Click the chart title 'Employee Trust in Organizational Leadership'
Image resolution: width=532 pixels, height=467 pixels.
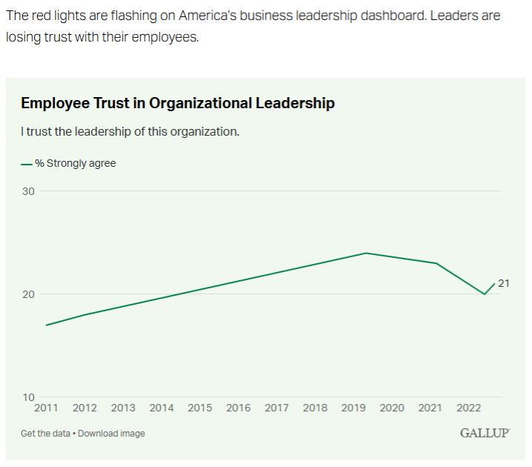178,103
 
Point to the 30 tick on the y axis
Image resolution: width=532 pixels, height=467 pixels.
27,191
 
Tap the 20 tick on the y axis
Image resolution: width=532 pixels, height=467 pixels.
27,294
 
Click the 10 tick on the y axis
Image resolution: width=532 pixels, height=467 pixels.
27,397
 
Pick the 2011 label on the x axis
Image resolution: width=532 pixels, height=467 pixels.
46,408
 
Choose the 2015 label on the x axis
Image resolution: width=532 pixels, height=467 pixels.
200,408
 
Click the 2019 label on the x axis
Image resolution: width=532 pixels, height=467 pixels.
353,408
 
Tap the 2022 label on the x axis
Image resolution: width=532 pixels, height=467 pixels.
469,408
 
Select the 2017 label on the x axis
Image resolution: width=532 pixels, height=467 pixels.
276,408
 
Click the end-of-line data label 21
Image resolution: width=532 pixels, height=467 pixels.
504,283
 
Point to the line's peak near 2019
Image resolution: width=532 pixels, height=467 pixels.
366,253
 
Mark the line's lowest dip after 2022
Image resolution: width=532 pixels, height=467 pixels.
485,294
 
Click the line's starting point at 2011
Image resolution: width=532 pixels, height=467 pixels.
46,325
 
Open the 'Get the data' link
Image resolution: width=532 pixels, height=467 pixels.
46,434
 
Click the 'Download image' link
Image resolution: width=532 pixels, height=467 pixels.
111,434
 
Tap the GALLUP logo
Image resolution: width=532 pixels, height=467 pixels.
485,433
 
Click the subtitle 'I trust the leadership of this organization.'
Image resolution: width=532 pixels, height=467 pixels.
130,132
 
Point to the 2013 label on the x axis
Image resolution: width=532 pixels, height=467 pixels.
123,408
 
